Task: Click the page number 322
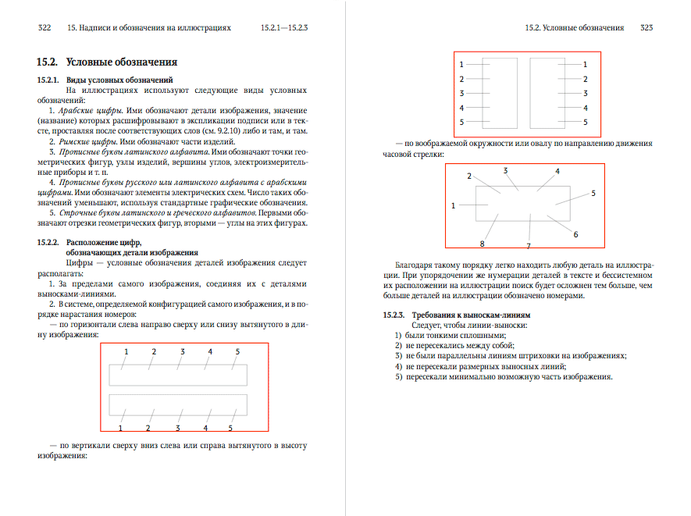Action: tap(45, 27)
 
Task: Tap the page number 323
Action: tap(646, 27)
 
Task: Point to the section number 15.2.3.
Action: tap(394, 315)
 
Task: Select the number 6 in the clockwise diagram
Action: tap(575, 234)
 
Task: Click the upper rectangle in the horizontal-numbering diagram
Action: tap(178, 375)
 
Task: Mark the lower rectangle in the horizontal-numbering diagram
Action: tap(178, 404)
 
